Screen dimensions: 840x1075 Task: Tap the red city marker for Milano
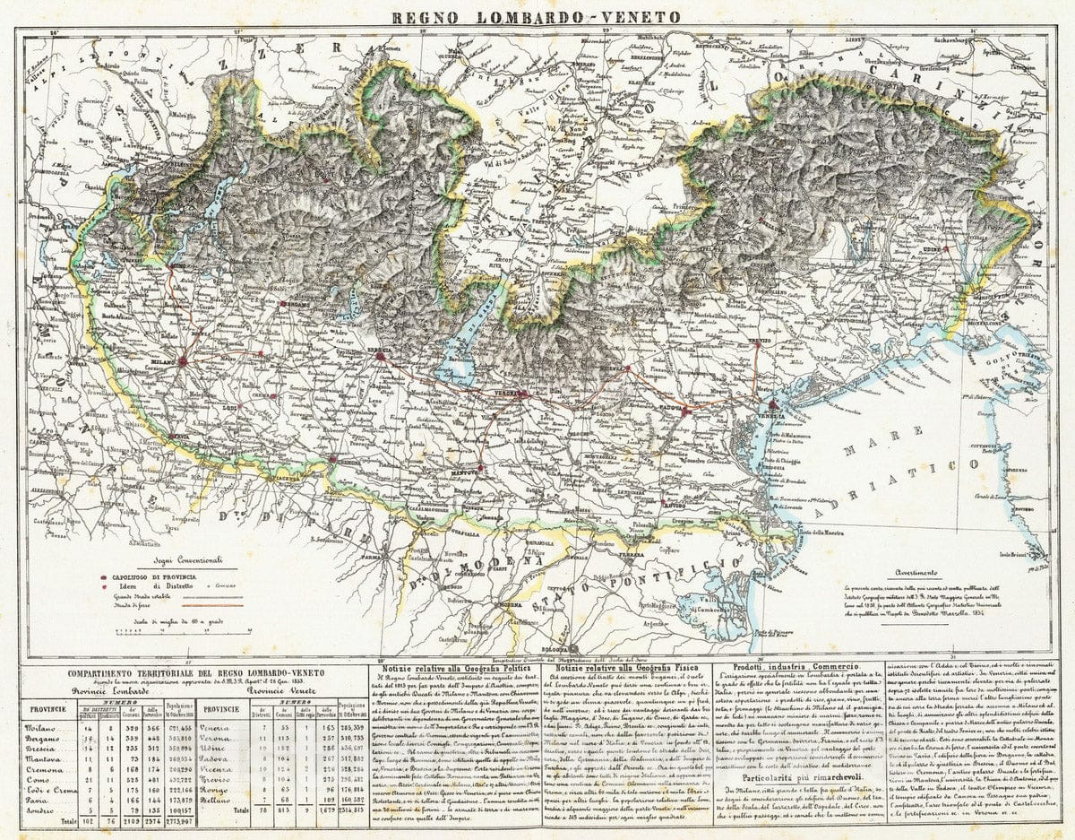point(182,362)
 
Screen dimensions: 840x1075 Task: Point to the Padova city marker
point(684,411)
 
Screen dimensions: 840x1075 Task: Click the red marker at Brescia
point(380,356)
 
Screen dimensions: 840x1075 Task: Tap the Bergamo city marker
point(279,304)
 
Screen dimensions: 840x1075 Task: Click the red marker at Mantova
point(480,467)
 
